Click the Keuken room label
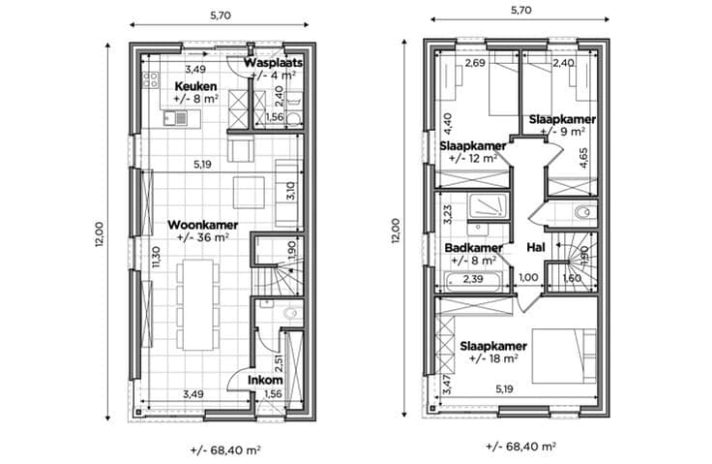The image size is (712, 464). [x=195, y=86]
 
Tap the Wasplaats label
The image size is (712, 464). [x=274, y=63]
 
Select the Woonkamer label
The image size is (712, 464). [x=202, y=225]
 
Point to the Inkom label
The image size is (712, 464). [x=265, y=380]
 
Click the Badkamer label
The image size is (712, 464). [x=474, y=248]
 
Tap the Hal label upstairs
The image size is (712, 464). [x=536, y=247]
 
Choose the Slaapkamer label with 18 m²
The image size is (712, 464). [x=493, y=346]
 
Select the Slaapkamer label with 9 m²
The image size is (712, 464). [x=562, y=119]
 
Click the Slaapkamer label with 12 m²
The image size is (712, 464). [x=473, y=146]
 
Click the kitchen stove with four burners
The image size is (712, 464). [x=151, y=80]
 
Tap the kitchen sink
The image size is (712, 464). [x=176, y=118]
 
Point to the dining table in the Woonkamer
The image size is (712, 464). [x=197, y=305]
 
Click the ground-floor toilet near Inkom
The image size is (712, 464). [x=292, y=313]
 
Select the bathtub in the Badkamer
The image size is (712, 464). [x=474, y=282]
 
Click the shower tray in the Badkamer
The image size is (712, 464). [x=489, y=205]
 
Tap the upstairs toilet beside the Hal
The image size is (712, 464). [x=583, y=212]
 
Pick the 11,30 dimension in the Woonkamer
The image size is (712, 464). [x=156, y=257]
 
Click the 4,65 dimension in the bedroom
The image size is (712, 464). [x=583, y=158]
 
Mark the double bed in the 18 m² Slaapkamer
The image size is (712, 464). [x=564, y=356]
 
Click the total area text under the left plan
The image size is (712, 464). [x=225, y=450]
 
